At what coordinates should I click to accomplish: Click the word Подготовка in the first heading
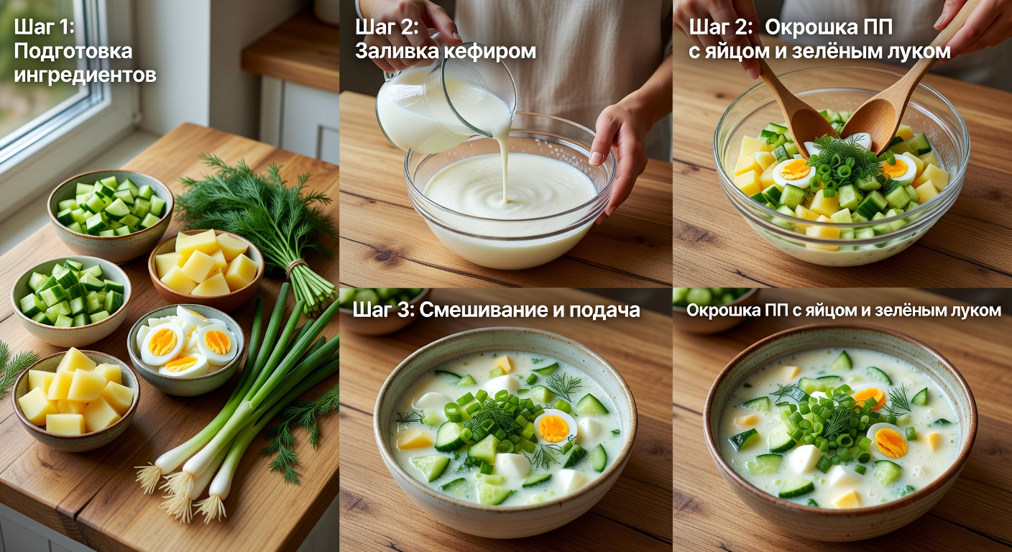pyautogui.click(x=73, y=51)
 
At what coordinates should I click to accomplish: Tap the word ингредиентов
pyautogui.click(x=85, y=74)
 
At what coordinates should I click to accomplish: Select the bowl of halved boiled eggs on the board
pyautogui.click(x=186, y=349)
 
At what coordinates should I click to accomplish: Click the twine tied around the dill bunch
pyautogui.click(x=294, y=267)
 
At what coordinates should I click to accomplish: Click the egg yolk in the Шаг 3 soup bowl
pyautogui.click(x=554, y=428)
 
